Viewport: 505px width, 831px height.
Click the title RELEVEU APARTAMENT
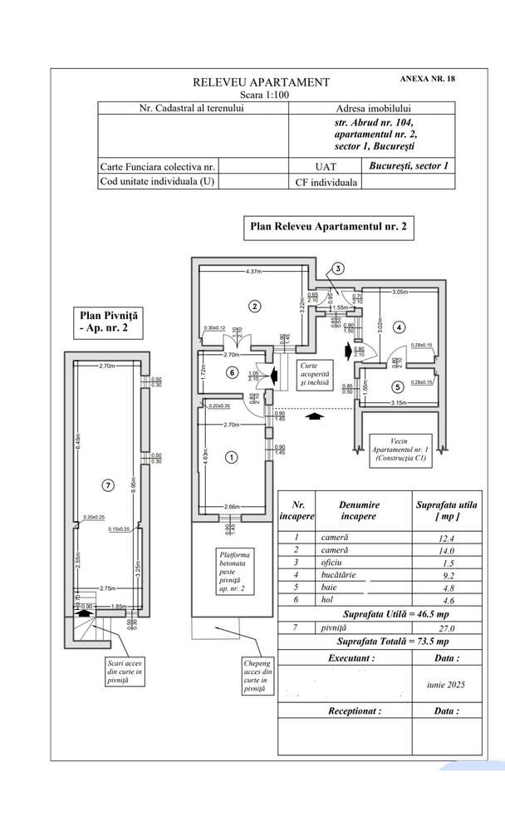(x=261, y=82)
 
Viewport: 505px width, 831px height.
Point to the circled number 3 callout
(x=339, y=268)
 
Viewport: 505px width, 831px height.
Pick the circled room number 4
(x=400, y=327)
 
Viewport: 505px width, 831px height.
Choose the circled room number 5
(x=397, y=386)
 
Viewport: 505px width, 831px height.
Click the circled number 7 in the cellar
(x=106, y=485)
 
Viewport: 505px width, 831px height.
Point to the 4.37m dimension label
(x=253, y=271)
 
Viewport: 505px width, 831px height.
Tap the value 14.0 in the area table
(x=448, y=550)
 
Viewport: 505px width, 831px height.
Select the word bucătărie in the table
(x=342, y=573)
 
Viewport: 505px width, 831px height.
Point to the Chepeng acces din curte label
(x=256, y=676)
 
